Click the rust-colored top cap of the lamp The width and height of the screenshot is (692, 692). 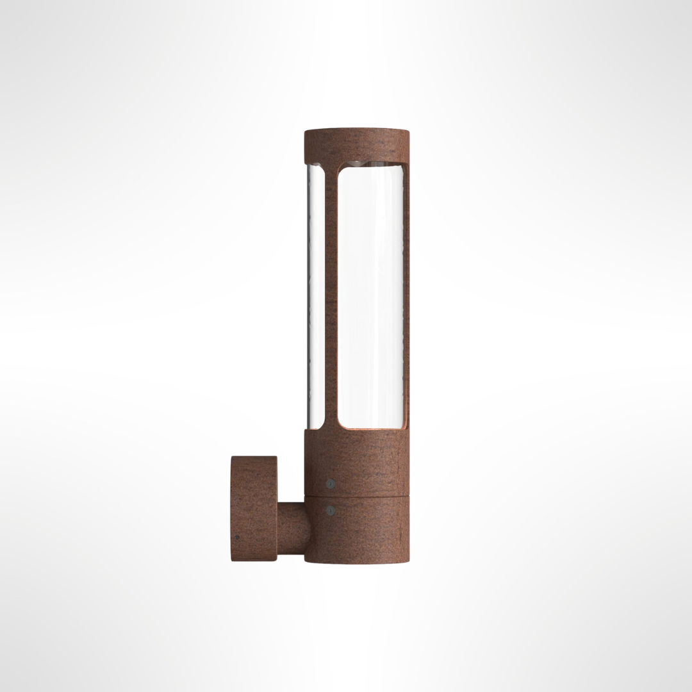(x=356, y=145)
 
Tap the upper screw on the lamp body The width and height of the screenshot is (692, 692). (x=330, y=483)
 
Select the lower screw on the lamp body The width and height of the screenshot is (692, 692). (x=330, y=511)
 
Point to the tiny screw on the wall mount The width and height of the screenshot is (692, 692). (x=237, y=538)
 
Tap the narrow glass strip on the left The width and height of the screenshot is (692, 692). (x=315, y=295)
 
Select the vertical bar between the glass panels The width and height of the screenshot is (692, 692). (x=331, y=295)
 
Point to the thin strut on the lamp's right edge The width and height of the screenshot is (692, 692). (x=406, y=295)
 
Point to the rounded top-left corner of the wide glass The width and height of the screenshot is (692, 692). (x=341, y=171)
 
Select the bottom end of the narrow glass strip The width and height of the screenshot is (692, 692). (x=315, y=425)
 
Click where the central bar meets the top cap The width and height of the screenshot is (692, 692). (x=331, y=165)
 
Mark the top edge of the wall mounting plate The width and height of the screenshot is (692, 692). (x=254, y=457)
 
